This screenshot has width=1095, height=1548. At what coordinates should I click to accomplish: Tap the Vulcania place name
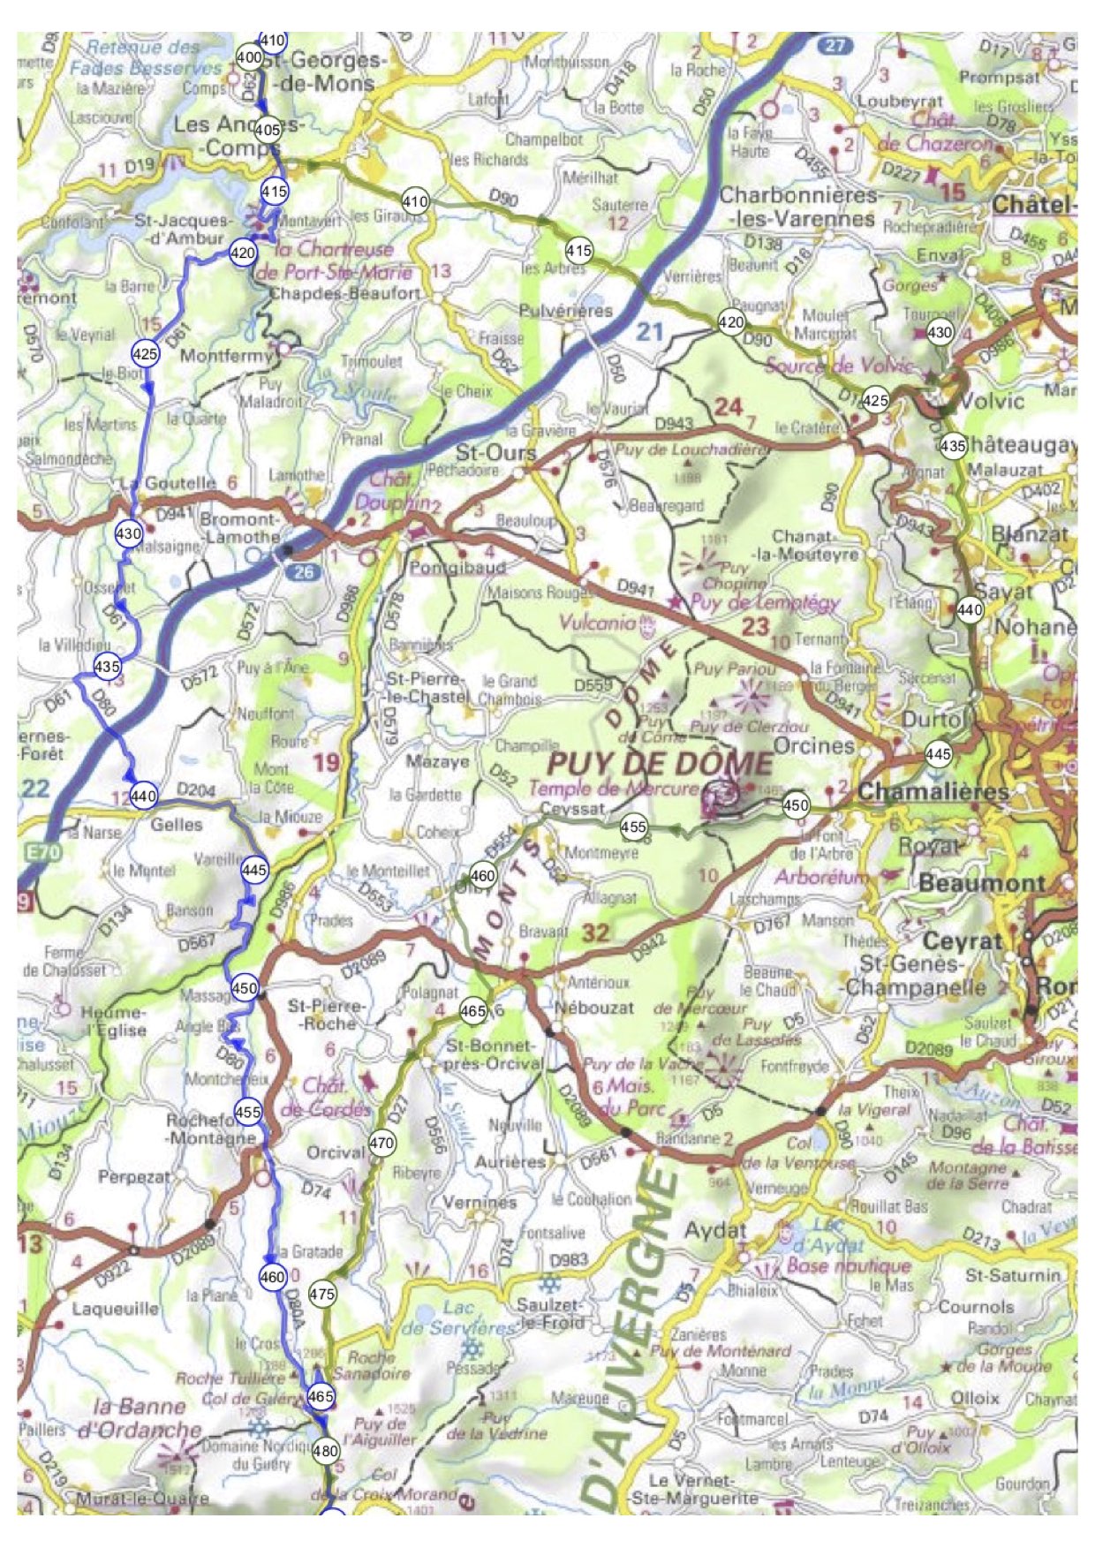pos(597,622)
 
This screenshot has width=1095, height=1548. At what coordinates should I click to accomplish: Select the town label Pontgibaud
pos(457,567)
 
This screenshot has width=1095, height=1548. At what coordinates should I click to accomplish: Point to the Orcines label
pos(813,745)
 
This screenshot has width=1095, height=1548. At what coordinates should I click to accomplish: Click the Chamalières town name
pos(933,791)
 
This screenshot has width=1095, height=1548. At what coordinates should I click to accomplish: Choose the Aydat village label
pos(715,1230)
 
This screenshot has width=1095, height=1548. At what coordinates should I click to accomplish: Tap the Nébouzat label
pos(593,1007)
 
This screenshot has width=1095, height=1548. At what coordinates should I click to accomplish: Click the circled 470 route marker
pos(381,1143)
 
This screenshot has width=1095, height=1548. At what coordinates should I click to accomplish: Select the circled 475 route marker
pos(322,1294)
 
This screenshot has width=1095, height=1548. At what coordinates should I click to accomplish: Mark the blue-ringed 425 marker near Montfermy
pos(145,354)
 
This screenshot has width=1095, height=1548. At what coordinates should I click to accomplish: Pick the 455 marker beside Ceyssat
pos(633,827)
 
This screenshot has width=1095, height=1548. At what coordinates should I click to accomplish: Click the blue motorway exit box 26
pos(303,572)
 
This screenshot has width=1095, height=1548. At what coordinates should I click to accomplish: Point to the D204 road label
pos(196,789)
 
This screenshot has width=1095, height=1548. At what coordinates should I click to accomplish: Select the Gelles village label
pos(177,824)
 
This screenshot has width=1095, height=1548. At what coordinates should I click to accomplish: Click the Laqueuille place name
pos(116,1308)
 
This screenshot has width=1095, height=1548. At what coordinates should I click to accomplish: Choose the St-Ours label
pos(495,453)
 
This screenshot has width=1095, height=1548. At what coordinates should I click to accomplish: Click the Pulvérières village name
pos(565,311)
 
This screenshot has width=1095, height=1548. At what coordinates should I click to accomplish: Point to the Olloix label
pos(974,1398)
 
